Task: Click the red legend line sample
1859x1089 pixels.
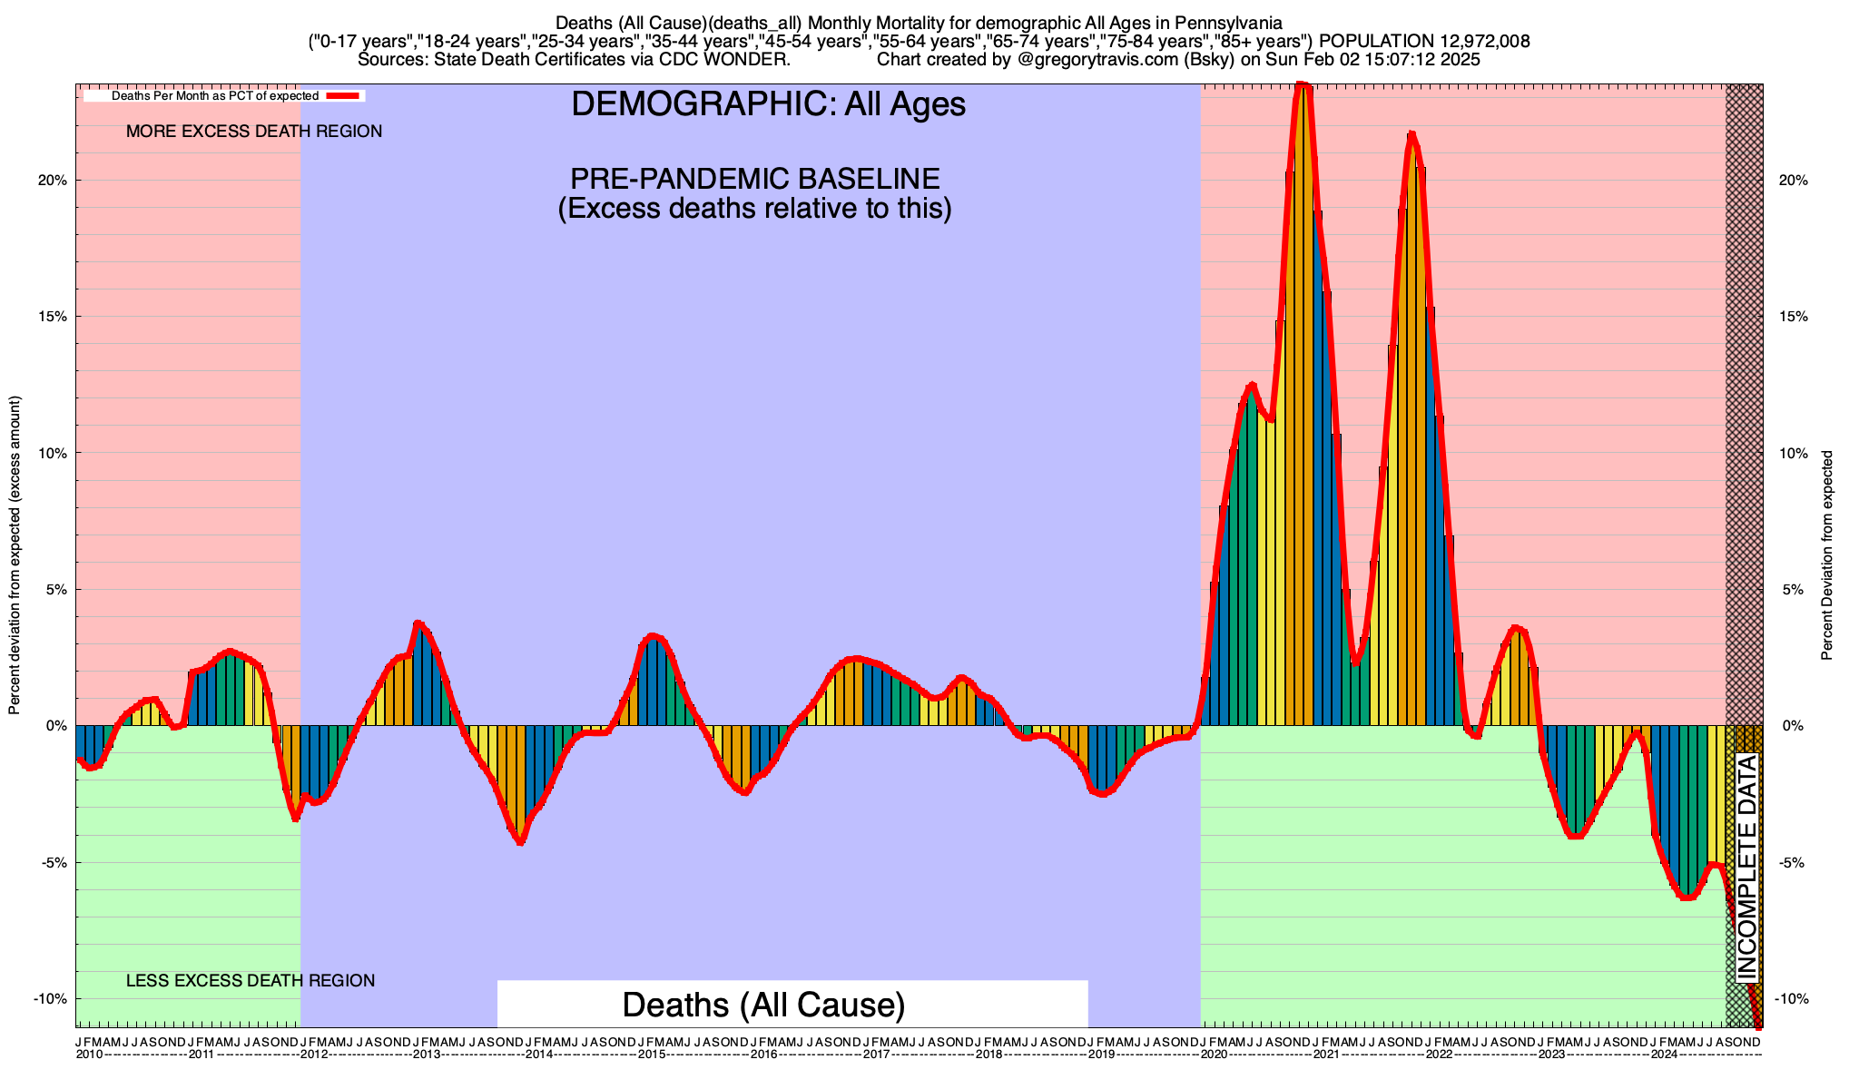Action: point(344,95)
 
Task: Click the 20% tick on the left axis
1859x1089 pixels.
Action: point(55,180)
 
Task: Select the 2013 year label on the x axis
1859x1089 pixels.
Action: point(427,1055)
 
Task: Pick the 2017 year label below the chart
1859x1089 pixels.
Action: point(876,1055)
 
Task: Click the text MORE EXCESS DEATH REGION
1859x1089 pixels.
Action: point(254,132)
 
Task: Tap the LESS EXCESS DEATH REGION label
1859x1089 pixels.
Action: point(250,981)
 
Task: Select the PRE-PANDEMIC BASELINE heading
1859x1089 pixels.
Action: point(754,179)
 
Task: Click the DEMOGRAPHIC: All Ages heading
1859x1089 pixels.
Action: point(768,104)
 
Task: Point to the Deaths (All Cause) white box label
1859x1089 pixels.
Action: point(763,1006)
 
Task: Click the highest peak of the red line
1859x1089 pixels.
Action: point(1303,85)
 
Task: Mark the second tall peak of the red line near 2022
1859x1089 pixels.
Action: point(1411,134)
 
